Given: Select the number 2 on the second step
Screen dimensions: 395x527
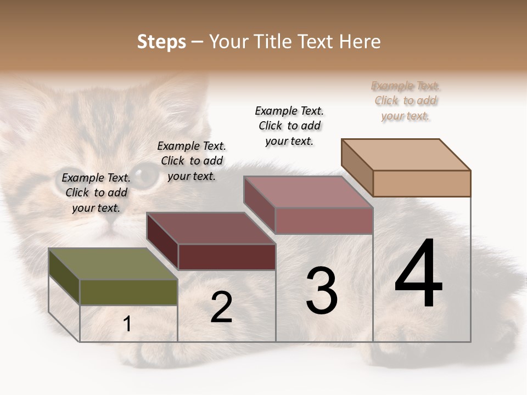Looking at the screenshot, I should click(221, 307).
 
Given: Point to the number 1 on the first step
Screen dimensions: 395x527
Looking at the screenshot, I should click(127, 324).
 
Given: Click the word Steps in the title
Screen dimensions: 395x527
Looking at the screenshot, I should click(161, 42).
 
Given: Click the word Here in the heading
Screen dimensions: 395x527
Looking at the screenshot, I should click(360, 42).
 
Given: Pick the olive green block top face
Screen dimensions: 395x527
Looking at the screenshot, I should click(113, 264).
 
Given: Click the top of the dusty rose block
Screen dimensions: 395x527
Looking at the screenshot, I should click(308, 192).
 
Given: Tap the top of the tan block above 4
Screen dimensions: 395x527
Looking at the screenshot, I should click(406, 154).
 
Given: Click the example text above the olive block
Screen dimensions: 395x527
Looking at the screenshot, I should click(96, 193).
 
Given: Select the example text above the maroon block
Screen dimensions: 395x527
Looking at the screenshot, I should click(192, 161).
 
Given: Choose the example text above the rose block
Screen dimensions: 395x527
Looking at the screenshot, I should click(289, 126).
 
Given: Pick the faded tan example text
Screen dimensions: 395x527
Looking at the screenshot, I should click(406, 100).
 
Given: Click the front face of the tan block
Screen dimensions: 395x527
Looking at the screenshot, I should click(422, 183).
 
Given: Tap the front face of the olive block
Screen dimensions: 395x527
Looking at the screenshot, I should click(128, 292).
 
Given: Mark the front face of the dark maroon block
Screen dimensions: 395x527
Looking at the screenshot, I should click(227, 257).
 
